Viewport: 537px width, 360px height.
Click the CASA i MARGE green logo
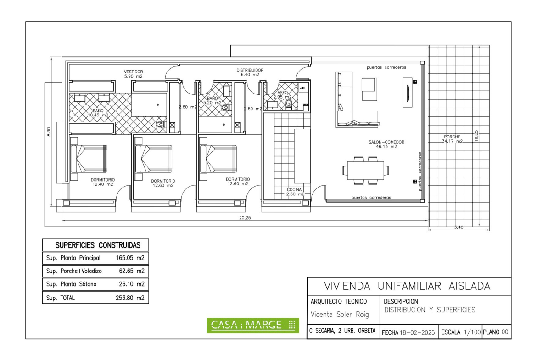pyautogui.click(x=253, y=326)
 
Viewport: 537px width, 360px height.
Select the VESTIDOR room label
pyautogui.click(x=133, y=72)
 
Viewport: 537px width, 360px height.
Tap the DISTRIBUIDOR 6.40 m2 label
pyautogui.click(x=250, y=72)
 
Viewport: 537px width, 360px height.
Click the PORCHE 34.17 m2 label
pyautogui.click(x=452, y=139)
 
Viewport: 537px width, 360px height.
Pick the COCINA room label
pyautogui.click(x=294, y=189)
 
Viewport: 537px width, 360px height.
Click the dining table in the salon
pyautogui.click(x=366, y=171)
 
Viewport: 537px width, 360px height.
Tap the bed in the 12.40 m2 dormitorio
pyautogui.click(x=89, y=159)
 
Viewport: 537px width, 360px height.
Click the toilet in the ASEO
pyautogui.click(x=289, y=103)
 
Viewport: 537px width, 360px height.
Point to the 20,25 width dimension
pyautogui.click(x=245, y=218)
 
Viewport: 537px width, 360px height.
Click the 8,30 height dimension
pyautogui.click(x=49, y=132)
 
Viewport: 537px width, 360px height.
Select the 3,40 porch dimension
pyautogui.click(x=459, y=227)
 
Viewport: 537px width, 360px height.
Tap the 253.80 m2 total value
pyautogui.click(x=130, y=298)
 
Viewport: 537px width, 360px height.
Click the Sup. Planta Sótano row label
pyautogui.click(x=71, y=284)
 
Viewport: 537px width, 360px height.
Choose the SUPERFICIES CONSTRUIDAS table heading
pyautogui.click(x=98, y=245)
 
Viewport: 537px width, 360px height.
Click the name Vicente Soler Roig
pyautogui.click(x=340, y=314)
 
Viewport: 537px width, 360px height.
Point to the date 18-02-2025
pyautogui.click(x=417, y=332)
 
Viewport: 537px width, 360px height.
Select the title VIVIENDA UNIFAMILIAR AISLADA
pyautogui.click(x=407, y=286)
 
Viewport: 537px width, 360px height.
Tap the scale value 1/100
pyautogui.click(x=472, y=332)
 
